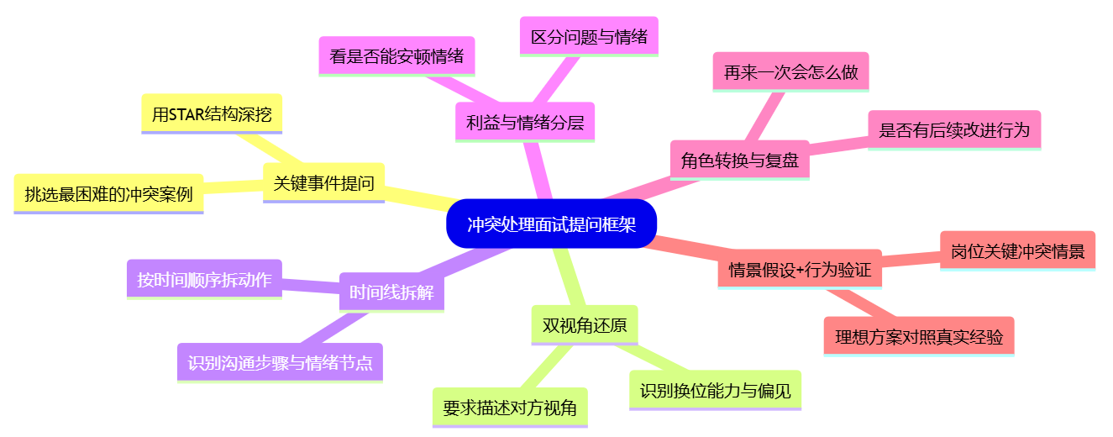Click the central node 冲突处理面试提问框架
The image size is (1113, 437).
tap(551, 224)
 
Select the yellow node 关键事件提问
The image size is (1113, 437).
tap(323, 182)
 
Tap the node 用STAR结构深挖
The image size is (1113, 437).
tap(212, 114)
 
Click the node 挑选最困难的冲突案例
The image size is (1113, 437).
tap(109, 194)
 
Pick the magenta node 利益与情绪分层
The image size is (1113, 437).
tap(525, 123)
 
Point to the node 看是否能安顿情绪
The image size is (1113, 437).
tap(397, 56)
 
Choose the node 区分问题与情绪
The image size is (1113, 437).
tap(589, 37)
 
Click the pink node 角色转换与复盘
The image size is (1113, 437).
tap(740, 160)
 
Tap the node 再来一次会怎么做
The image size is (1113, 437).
tap(790, 72)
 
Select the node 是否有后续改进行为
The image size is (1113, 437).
tap(954, 130)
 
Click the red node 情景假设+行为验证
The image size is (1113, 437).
tap(800, 270)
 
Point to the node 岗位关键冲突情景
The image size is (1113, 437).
tap(1017, 250)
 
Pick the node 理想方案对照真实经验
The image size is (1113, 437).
tap(919, 337)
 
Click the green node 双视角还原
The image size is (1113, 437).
tap(585, 325)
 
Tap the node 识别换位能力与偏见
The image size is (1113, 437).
tap(715, 390)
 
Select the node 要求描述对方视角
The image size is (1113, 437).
tap(510, 408)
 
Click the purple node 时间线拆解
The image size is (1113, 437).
tap(391, 292)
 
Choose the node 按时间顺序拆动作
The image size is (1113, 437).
tap(204, 280)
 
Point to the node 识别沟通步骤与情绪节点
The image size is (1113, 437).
tap(280, 363)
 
